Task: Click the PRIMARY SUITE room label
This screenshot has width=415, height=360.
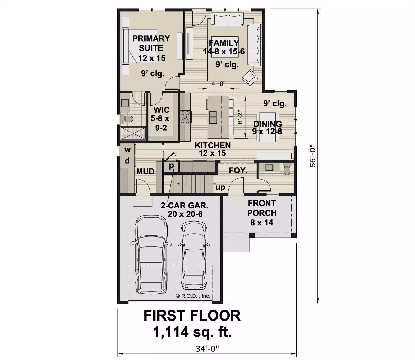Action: click(151, 43)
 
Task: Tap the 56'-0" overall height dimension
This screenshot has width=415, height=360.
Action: click(313, 156)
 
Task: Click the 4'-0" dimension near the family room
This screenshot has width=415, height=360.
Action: click(219, 83)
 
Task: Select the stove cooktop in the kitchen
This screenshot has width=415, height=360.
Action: click(185, 116)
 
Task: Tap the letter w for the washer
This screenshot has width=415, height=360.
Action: click(128, 150)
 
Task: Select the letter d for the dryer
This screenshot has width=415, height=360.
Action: click(127, 161)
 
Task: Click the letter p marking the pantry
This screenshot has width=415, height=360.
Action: click(171, 166)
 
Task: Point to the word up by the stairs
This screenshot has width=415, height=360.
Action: click(220, 187)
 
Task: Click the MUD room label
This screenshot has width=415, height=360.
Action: click(145, 172)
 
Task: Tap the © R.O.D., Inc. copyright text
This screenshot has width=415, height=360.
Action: click(193, 296)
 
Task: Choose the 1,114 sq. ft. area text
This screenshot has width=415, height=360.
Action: click(192, 332)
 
